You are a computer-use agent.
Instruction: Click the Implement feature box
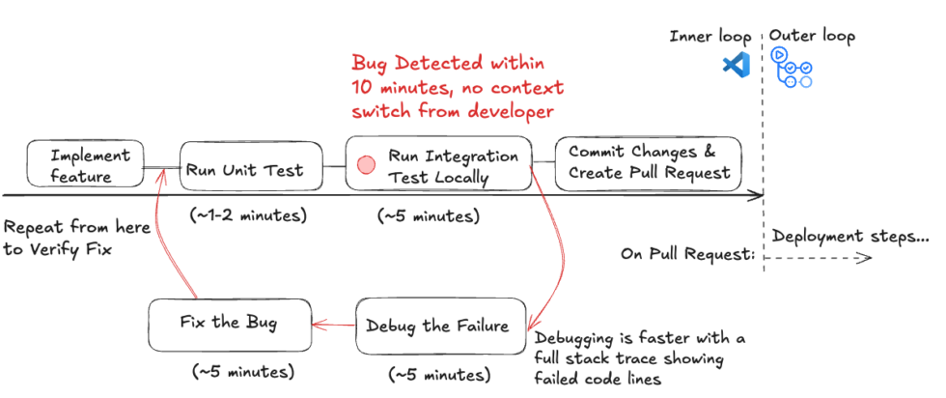(85, 165)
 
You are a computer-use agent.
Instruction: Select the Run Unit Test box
(245, 170)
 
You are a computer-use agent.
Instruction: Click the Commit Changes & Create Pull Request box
(648, 163)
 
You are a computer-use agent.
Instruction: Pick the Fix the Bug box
(230, 323)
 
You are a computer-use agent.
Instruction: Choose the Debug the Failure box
(443, 326)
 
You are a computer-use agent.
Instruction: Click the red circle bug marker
(366, 165)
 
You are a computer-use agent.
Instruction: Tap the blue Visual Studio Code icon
(736, 66)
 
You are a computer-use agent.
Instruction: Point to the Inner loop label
(709, 37)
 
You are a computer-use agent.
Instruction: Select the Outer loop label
(812, 37)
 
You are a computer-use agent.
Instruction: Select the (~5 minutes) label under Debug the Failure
(439, 373)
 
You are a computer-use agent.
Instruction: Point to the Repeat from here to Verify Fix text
(75, 239)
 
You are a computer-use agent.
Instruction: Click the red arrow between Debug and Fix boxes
(334, 327)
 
